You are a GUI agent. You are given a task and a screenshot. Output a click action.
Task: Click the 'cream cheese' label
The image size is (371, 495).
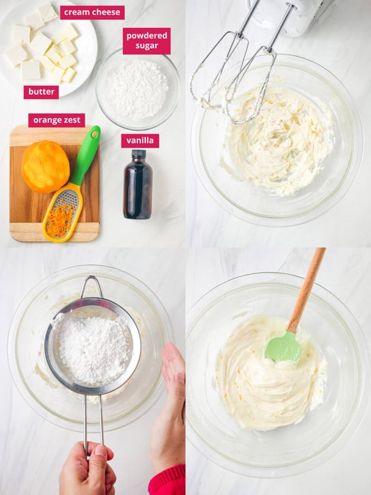point(92,12)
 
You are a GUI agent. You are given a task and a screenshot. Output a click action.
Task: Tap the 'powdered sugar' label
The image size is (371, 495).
point(147,40)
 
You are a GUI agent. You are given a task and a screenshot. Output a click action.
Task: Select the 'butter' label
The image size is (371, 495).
point(41,92)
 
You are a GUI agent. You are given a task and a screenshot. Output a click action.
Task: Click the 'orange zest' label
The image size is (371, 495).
point(56,120)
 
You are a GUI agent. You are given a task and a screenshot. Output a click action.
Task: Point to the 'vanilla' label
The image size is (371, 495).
point(140,140)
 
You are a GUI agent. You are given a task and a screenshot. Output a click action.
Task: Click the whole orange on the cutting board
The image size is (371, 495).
point(45,166)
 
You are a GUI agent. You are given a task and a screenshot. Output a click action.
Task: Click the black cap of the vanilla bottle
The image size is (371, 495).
point(139,153)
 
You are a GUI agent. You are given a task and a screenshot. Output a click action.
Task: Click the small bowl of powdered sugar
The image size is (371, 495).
point(137,90)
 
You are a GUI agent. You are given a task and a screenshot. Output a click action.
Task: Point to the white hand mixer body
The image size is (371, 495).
point(291,14)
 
